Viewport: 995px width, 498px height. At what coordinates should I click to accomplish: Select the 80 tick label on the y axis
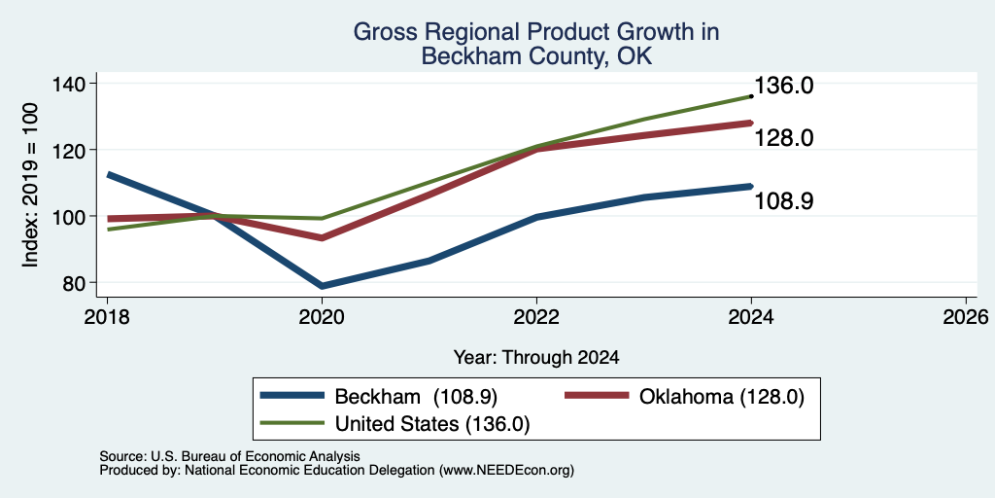tap(78, 283)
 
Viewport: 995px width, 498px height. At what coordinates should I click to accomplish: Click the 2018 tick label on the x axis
tap(107, 316)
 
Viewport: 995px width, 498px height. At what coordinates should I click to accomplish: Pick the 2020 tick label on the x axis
tap(322, 316)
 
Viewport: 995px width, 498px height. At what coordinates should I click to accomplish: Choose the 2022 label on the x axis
tap(536, 316)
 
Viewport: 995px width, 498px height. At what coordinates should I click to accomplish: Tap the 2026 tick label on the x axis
tap(966, 316)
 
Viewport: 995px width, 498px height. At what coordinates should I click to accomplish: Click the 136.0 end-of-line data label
tap(784, 86)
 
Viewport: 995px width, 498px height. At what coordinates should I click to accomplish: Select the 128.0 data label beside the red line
tap(784, 138)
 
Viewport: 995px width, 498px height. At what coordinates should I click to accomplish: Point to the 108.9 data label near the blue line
tap(784, 200)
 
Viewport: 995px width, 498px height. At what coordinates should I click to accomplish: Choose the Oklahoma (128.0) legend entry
tap(722, 397)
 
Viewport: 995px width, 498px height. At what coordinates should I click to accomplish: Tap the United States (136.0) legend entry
tap(432, 424)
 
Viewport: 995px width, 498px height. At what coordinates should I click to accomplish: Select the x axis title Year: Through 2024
tap(536, 358)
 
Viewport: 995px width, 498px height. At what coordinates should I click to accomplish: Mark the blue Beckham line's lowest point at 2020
tap(322, 286)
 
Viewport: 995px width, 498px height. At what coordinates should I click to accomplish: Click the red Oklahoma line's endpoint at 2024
tap(751, 124)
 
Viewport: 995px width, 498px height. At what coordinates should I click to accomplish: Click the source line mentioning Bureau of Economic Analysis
tap(229, 456)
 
